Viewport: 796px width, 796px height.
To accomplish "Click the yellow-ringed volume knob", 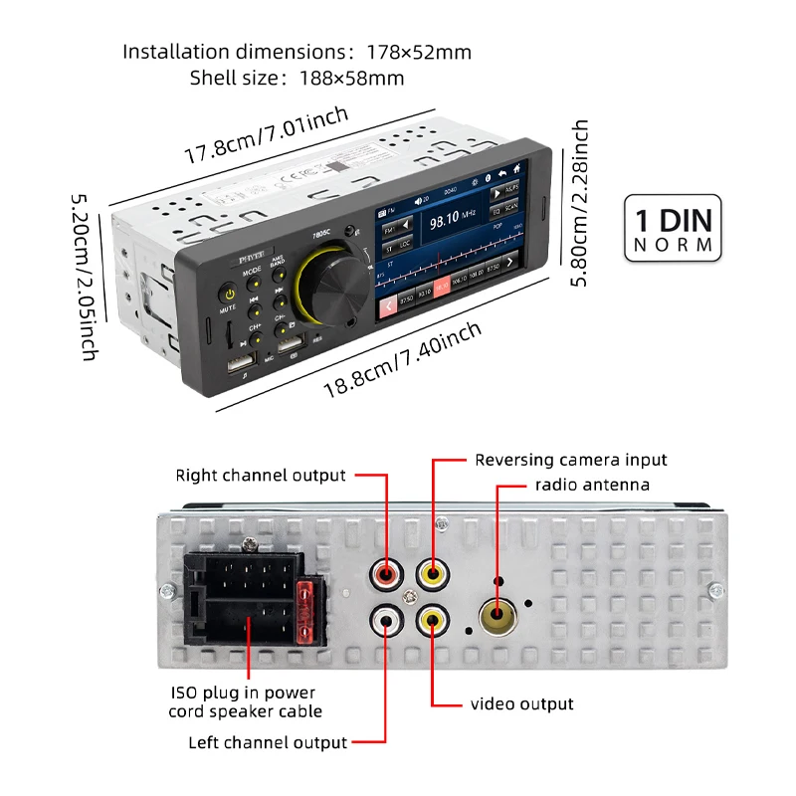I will tap(338, 283).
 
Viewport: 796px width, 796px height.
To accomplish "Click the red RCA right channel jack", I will tap(386, 574).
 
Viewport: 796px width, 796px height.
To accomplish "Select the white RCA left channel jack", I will tap(386, 622).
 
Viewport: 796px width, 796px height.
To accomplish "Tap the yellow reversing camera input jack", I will tap(433, 574).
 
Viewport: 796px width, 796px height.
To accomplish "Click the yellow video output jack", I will tap(433, 622).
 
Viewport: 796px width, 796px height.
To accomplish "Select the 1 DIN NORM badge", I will tap(675, 230).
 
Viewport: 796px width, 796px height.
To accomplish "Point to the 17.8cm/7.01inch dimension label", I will tap(267, 135).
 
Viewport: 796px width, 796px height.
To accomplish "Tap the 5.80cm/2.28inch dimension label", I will tap(580, 203).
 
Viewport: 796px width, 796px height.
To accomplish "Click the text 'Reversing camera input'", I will tap(570, 460).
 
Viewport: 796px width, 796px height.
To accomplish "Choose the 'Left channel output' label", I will tap(268, 742).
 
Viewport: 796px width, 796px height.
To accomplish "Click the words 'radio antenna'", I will tap(591, 485).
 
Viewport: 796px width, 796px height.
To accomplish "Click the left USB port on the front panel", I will tap(242, 365).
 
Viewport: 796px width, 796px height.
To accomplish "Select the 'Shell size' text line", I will tap(297, 78).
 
